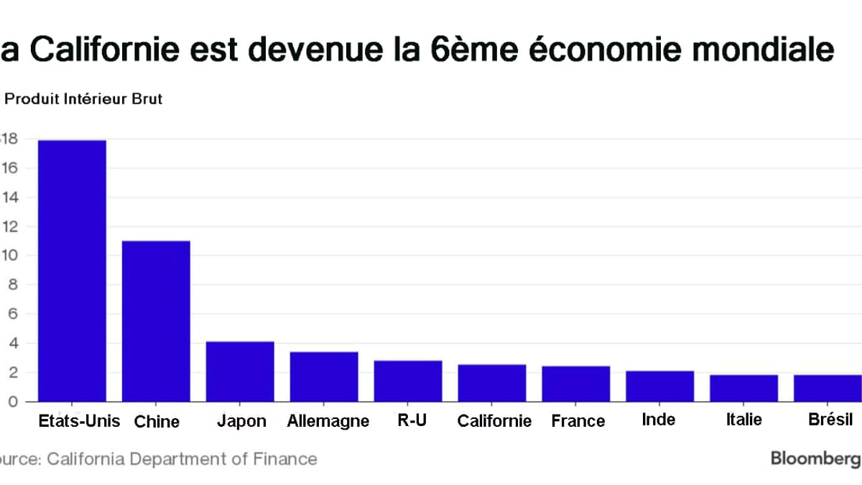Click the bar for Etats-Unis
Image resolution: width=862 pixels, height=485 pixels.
tap(72, 271)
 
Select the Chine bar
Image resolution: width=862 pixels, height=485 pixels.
tap(156, 321)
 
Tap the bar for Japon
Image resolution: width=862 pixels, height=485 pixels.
tap(240, 371)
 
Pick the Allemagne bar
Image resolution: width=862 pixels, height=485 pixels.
tap(324, 377)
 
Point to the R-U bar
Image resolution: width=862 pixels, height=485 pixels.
tap(408, 381)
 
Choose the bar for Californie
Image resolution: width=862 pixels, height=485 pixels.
tap(492, 383)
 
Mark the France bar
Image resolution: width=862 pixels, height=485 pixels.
tap(576, 384)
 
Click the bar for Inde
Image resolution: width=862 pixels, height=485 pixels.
tap(659, 386)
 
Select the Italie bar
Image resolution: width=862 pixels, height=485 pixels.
tap(743, 388)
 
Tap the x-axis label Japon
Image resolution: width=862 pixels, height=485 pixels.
tap(241, 421)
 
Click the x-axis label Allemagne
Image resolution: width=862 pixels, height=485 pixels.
tap(328, 421)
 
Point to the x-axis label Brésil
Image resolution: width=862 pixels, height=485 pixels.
tap(830, 420)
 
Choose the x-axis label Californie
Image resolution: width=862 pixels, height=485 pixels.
tap(494, 421)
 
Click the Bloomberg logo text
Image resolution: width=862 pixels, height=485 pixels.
tap(815, 458)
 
